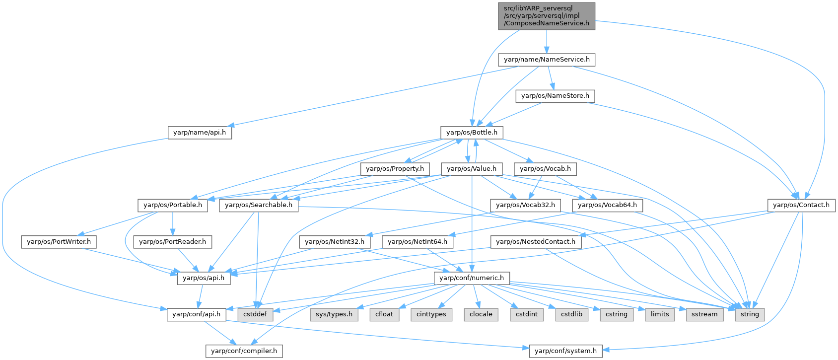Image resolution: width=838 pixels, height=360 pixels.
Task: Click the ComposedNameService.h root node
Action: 546,16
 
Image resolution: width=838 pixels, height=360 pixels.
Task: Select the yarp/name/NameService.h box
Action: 547,60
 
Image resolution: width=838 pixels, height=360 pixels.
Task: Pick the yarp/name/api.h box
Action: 200,133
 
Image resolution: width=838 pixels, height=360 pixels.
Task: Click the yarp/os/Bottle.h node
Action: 472,133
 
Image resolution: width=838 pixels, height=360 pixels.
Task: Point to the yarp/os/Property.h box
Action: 395,169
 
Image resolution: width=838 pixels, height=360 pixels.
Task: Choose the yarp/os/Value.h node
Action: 471,169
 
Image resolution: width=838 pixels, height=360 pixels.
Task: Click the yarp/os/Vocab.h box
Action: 545,169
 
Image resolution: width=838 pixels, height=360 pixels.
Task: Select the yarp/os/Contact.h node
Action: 801,205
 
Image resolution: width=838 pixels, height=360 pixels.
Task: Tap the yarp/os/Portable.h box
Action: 172,205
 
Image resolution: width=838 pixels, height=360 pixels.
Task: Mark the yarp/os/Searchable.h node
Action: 259,205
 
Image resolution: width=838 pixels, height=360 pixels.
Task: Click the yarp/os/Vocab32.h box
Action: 525,205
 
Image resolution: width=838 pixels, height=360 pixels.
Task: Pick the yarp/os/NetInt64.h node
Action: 417,242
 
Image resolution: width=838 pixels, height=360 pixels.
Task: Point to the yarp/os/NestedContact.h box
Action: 536,242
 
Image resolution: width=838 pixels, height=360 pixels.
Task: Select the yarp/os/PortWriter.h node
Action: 59,242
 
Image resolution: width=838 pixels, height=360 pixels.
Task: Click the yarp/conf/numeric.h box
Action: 471,278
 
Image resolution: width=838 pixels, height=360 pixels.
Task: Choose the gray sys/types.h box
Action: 334,314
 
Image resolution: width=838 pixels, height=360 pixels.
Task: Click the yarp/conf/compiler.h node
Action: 244,351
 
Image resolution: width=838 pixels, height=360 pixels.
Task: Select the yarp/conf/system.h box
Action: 565,351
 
